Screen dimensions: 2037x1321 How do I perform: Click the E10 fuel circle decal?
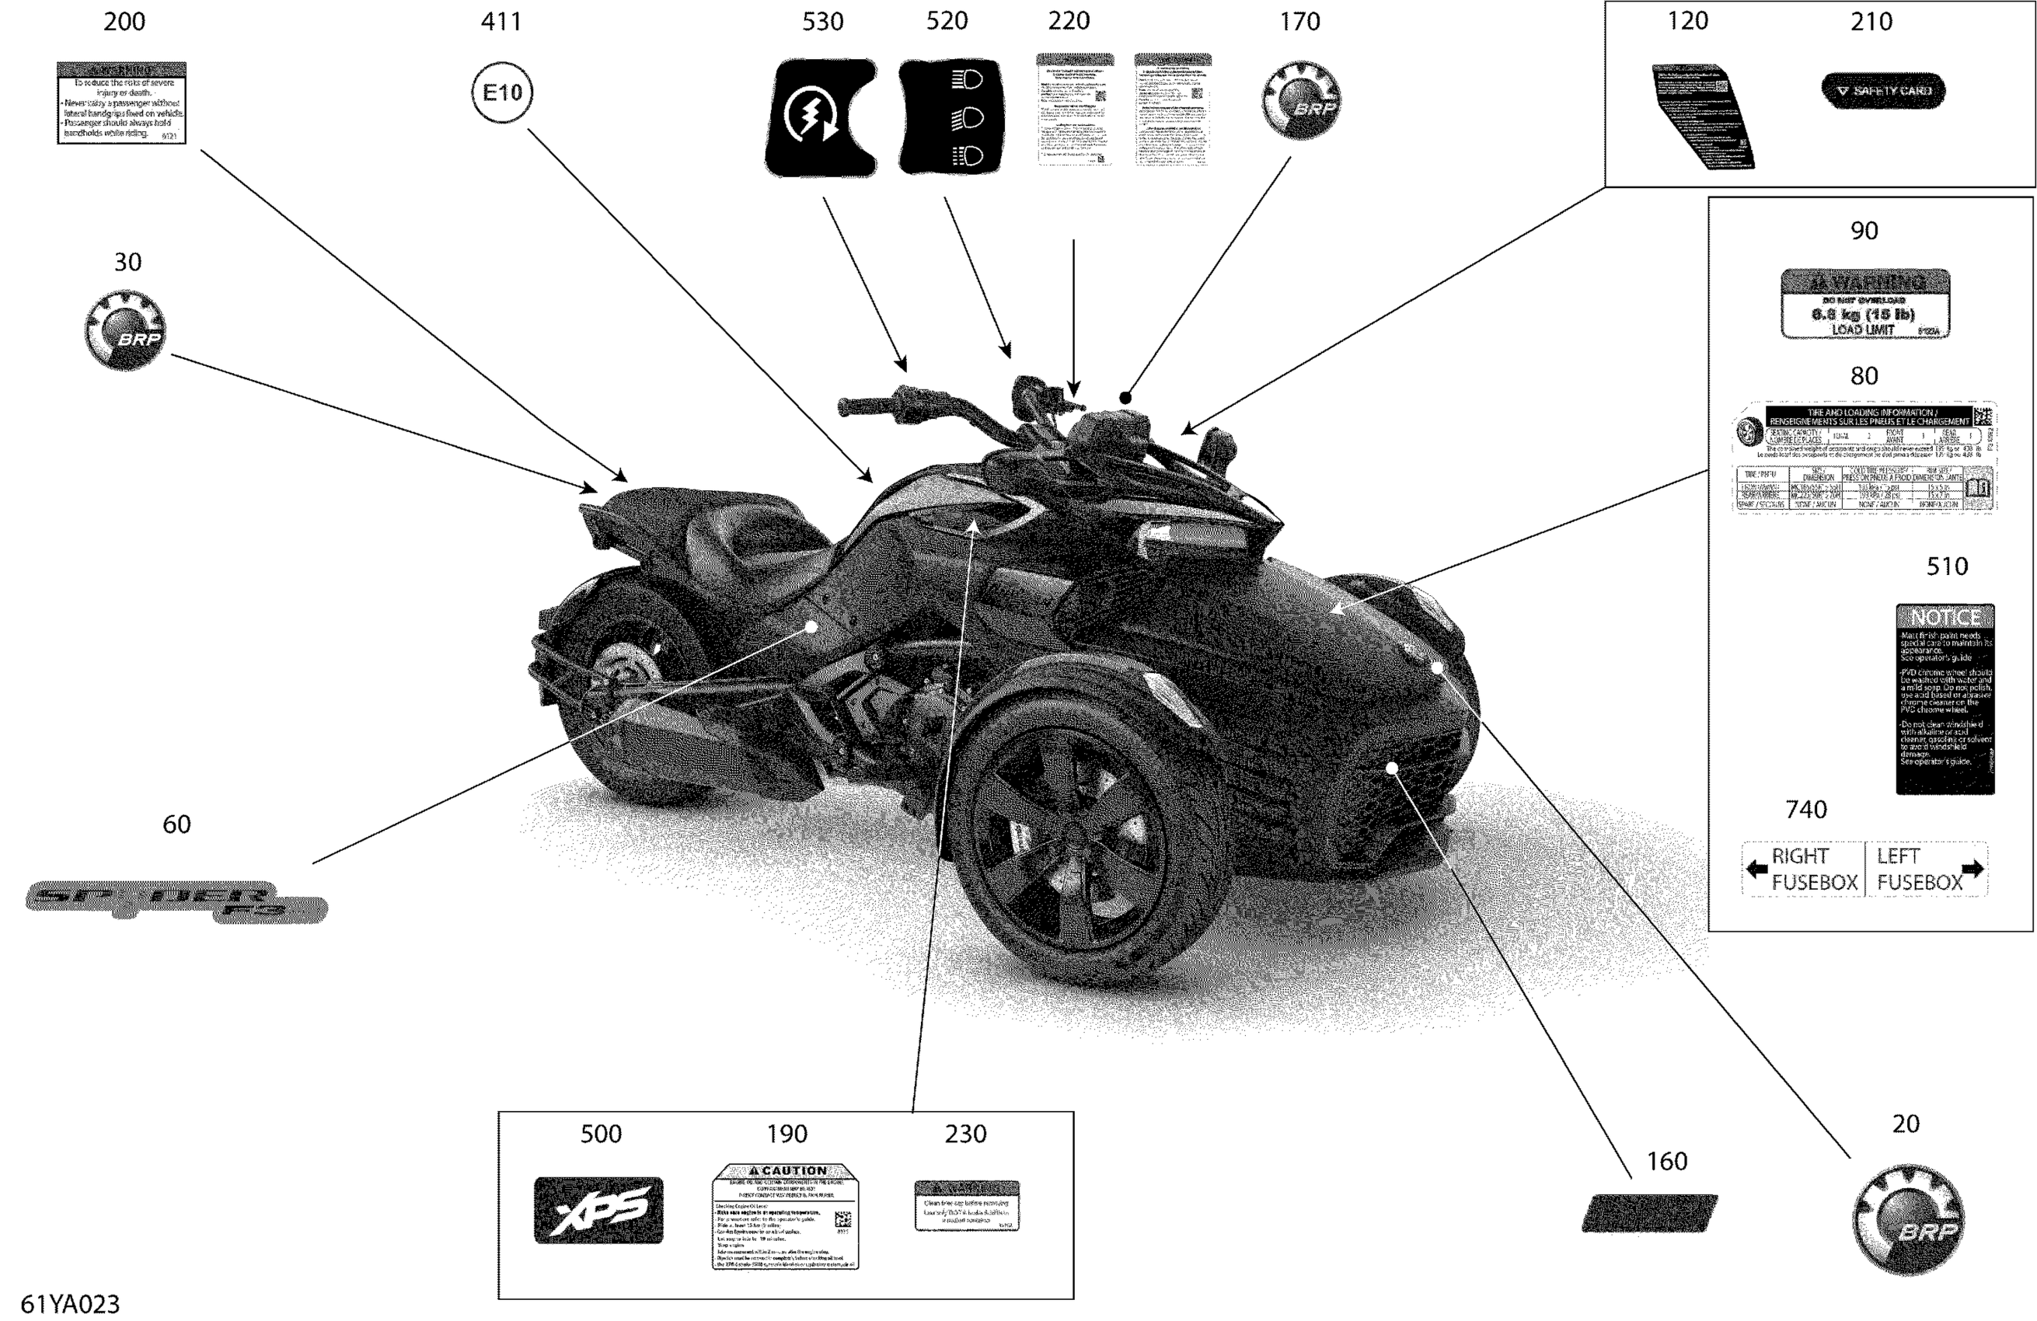[x=501, y=92]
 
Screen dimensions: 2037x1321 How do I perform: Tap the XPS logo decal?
[x=598, y=1210]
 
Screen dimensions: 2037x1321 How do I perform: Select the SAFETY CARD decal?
[x=1883, y=91]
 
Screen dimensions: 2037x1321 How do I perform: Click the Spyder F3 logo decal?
[x=176, y=901]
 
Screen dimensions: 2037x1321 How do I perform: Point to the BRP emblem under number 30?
[x=126, y=330]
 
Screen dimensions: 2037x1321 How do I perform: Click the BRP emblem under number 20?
[x=1908, y=1219]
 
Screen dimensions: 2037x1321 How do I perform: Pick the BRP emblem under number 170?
[x=1301, y=100]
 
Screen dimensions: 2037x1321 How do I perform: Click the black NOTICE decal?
[x=1945, y=698]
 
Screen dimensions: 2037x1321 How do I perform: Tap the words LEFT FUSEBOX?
[x=1919, y=870]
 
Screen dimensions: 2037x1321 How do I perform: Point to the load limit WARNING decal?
[x=1865, y=304]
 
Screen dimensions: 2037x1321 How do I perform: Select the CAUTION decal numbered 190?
[x=785, y=1215]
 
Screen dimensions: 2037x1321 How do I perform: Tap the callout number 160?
[x=1666, y=1161]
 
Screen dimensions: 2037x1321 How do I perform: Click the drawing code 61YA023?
[x=70, y=1304]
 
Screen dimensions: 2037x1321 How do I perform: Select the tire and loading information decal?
[x=1864, y=457]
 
